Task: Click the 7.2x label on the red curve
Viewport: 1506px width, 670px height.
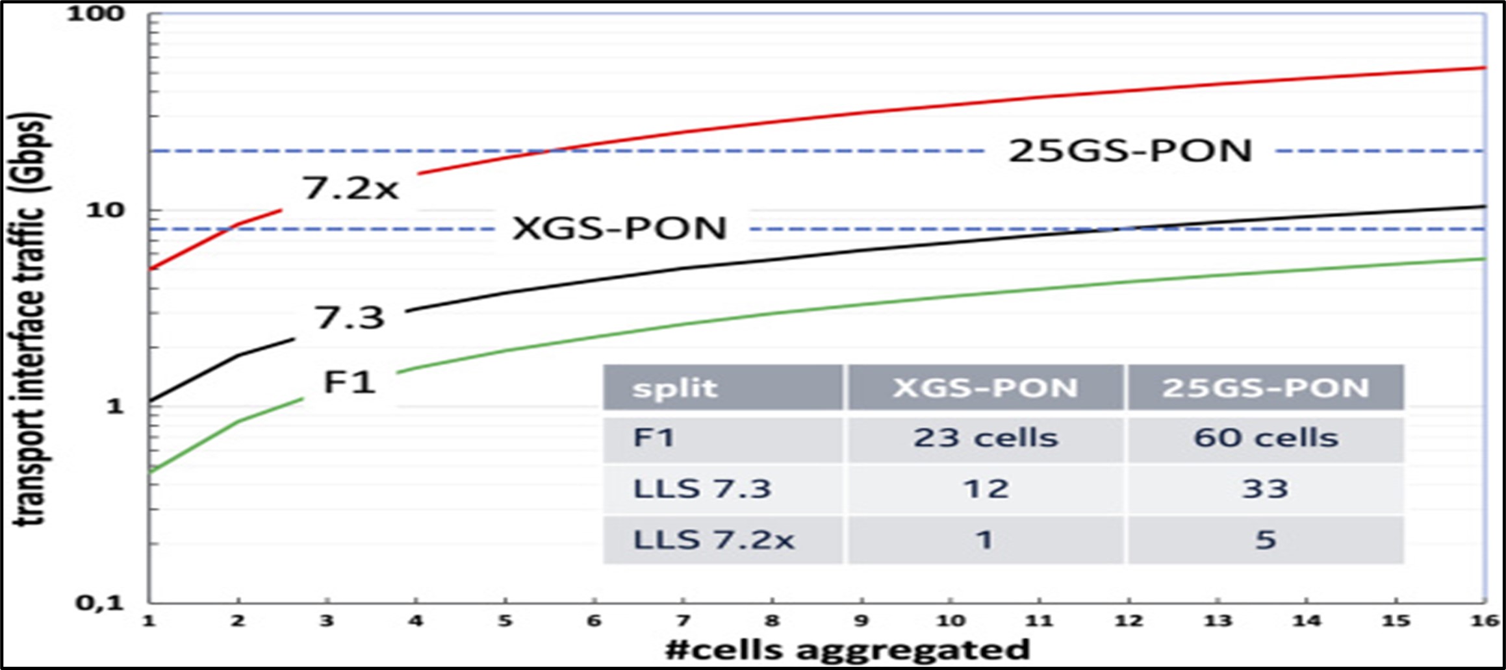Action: [350, 188]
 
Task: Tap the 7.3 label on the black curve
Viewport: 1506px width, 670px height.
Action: [350, 317]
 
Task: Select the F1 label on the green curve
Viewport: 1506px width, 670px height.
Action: [350, 382]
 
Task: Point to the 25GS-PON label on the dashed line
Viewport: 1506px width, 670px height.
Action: [1130, 151]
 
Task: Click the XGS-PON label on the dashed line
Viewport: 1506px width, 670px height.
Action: [619, 228]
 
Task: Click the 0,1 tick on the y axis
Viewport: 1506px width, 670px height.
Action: [99, 602]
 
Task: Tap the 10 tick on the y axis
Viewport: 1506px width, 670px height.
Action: [105, 210]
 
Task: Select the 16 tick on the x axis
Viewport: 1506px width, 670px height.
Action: [1485, 621]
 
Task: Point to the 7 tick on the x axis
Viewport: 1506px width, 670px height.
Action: [683, 621]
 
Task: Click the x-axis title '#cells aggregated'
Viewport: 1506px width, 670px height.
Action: [848, 649]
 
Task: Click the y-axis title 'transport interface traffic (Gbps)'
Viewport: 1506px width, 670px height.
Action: [31, 318]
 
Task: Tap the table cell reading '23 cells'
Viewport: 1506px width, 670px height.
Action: [986, 438]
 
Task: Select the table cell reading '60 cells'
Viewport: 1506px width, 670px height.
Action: [1266, 438]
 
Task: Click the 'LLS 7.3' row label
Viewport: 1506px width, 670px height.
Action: [702, 489]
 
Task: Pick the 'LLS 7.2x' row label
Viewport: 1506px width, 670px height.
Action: [713, 540]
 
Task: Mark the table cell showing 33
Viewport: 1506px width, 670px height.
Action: [1265, 489]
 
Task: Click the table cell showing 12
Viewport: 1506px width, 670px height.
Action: [986, 489]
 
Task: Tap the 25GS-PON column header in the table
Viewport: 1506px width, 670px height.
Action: [1266, 388]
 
